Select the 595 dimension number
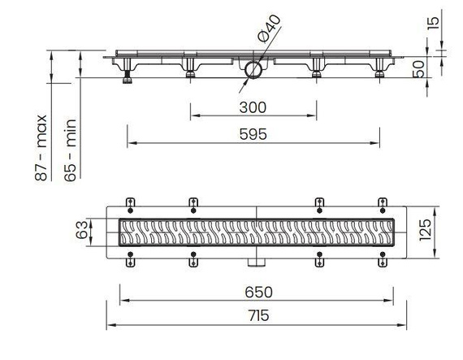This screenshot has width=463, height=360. click(253, 134)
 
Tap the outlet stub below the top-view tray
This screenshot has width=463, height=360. click(257, 262)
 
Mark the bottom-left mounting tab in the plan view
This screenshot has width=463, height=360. click(130, 260)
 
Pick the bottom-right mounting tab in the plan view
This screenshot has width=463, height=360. click(384, 260)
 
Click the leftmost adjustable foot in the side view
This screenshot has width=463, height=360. click(128, 78)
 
